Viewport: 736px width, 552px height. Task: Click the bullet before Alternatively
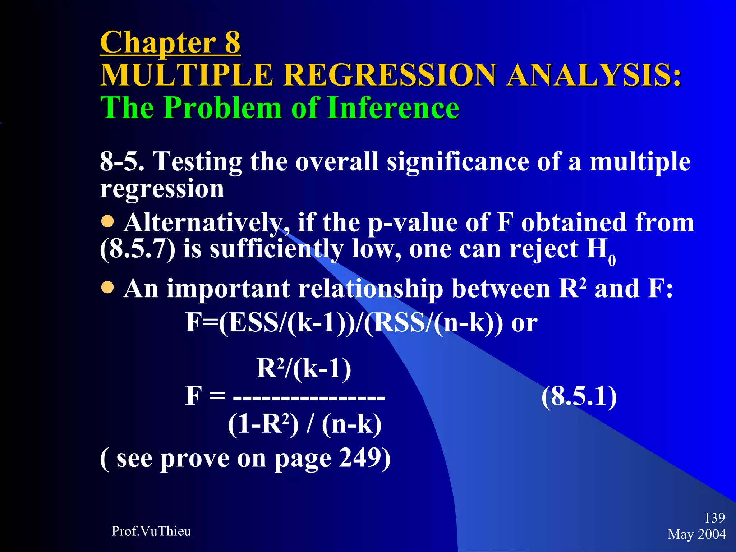[107, 222]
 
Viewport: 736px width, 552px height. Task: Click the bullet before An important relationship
[107, 287]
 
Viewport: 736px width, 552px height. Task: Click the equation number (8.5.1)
[579, 396]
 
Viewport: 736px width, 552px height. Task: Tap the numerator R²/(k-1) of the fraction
[304, 369]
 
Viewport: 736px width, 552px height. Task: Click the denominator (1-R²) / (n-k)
[304, 424]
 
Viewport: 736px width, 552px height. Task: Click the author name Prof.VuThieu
[151, 531]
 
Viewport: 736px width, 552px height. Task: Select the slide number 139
[714, 518]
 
